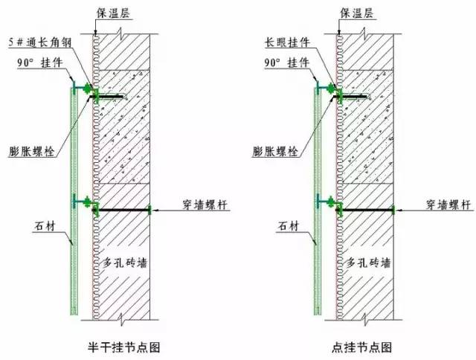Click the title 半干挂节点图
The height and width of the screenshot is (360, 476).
[123, 347]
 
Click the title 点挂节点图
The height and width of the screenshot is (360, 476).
[361, 347]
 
